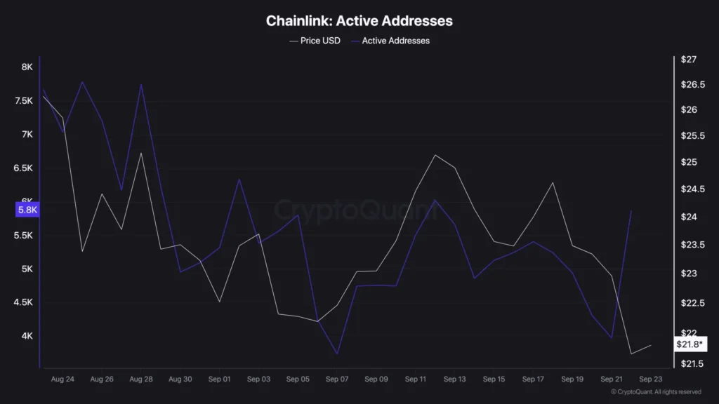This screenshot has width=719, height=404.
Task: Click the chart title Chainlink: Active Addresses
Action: [x=359, y=21]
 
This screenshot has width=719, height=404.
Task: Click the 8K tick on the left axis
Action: [x=27, y=67]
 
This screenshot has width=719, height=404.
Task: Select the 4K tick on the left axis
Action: [x=27, y=336]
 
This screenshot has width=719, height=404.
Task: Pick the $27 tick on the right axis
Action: [x=689, y=60]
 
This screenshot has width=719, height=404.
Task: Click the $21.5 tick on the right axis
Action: [x=691, y=363]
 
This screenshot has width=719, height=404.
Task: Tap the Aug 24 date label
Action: [x=62, y=379]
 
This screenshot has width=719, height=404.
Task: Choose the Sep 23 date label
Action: [x=651, y=379]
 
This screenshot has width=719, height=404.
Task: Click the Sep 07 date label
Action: [x=337, y=379]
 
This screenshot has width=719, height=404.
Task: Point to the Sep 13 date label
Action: [x=454, y=379]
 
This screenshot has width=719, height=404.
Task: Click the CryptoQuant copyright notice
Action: [x=656, y=392]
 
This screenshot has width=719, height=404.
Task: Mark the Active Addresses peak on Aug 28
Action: [x=141, y=85]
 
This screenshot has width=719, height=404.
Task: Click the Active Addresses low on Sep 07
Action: [x=337, y=353]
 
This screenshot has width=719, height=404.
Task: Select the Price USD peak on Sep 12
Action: [x=435, y=155]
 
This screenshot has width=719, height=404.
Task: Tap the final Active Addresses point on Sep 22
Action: [x=631, y=210]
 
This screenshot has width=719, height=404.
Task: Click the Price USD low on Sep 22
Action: [x=631, y=353]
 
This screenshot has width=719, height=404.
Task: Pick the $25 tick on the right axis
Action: [x=689, y=163]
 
